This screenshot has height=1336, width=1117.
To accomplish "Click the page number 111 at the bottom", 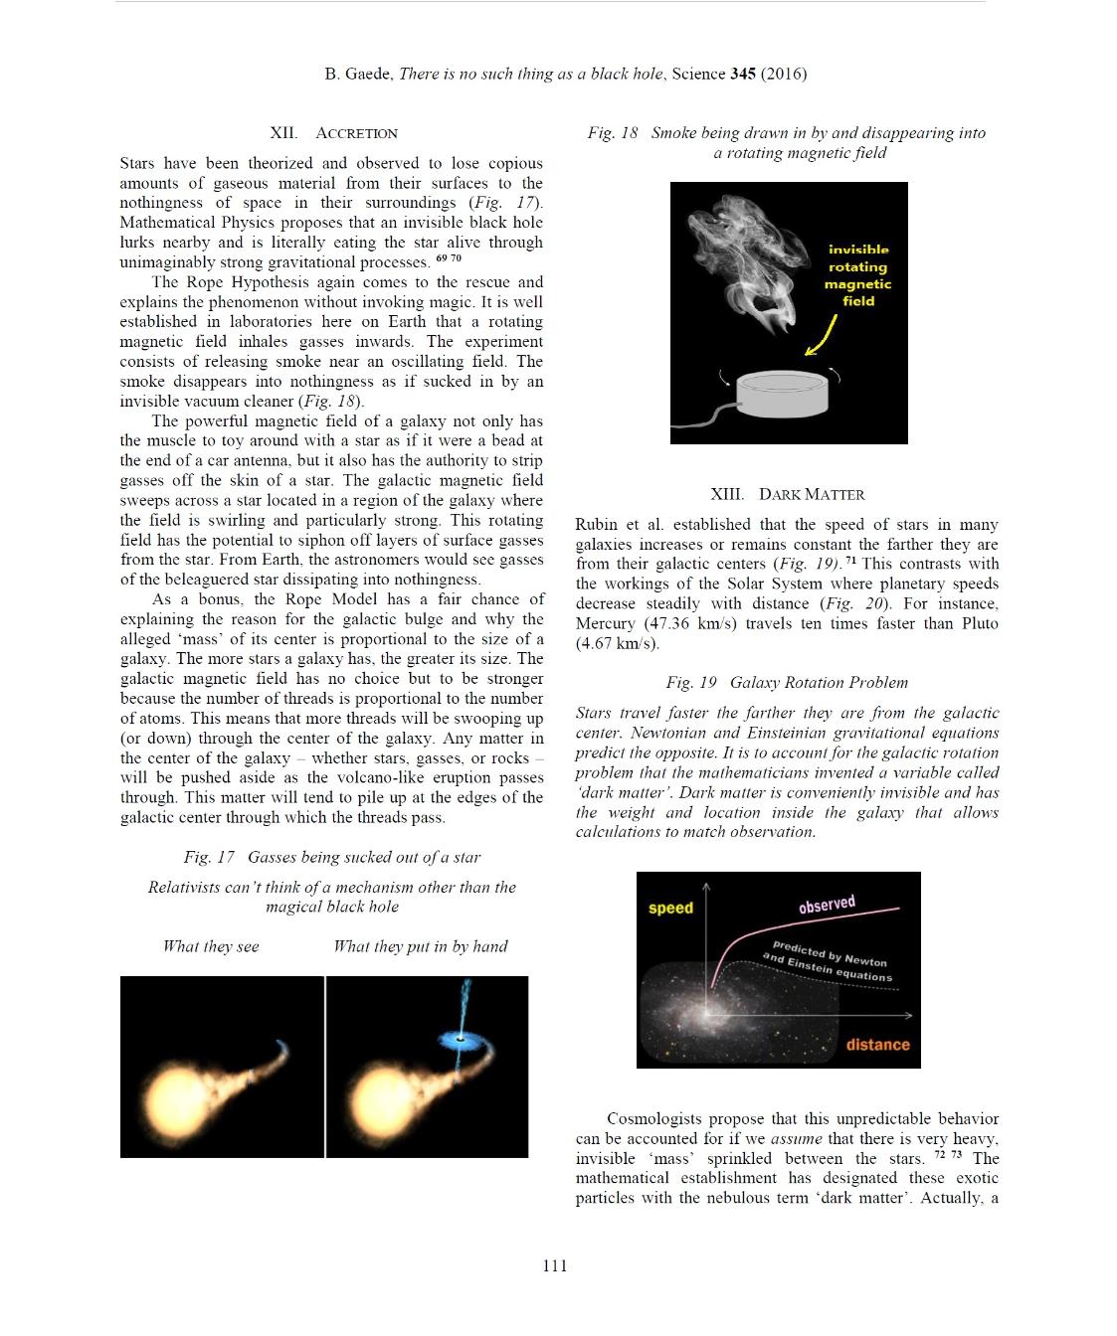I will [x=555, y=1265].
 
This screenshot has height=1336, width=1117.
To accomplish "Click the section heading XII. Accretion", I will [x=333, y=133].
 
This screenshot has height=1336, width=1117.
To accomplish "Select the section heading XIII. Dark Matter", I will [x=787, y=494].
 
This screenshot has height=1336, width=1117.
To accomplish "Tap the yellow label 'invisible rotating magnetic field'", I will [x=858, y=275].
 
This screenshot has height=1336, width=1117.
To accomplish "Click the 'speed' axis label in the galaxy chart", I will [x=670, y=908].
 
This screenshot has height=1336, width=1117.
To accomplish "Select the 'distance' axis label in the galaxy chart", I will [x=877, y=1044].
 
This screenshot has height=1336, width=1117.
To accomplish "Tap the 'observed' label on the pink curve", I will [x=827, y=904].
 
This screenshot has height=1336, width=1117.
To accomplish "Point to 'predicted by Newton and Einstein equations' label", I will [x=829, y=960].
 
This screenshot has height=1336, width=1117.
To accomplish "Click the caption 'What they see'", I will [x=211, y=946].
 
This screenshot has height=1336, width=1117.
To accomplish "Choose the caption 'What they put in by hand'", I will [x=420, y=946].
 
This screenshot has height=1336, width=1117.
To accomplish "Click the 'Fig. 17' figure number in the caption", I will [x=209, y=857].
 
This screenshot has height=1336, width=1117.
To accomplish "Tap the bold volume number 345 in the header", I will [x=742, y=74].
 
